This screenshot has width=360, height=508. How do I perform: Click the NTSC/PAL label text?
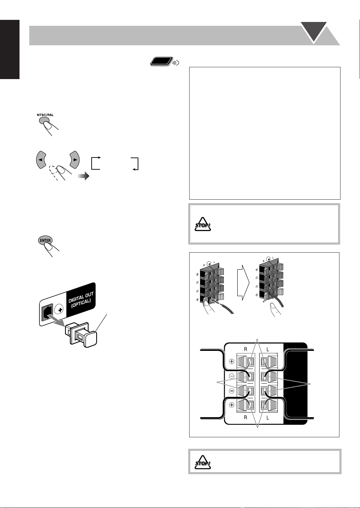[x=45, y=115]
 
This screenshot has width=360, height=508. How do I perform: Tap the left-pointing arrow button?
[x=41, y=160]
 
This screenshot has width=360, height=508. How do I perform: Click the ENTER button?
[x=45, y=240]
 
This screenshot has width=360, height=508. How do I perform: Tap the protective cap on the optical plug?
[x=91, y=339]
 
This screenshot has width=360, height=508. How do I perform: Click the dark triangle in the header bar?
[x=314, y=32]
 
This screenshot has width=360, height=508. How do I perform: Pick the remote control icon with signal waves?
[x=165, y=62]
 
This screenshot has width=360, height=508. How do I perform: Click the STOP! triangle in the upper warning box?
[x=203, y=224]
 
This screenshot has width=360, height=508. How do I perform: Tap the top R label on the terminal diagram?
[x=245, y=349]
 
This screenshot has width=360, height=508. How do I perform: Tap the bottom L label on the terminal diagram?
[x=268, y=417]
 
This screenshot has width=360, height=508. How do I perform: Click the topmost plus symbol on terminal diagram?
[x=231, y=361]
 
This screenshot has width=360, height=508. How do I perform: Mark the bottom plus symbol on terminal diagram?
[x=231, y=405]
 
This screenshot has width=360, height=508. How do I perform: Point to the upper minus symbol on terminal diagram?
[x=231, y=376]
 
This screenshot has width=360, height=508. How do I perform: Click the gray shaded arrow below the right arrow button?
[x=83, y=176]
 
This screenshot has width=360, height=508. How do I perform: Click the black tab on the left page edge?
[x=10, y=49]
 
